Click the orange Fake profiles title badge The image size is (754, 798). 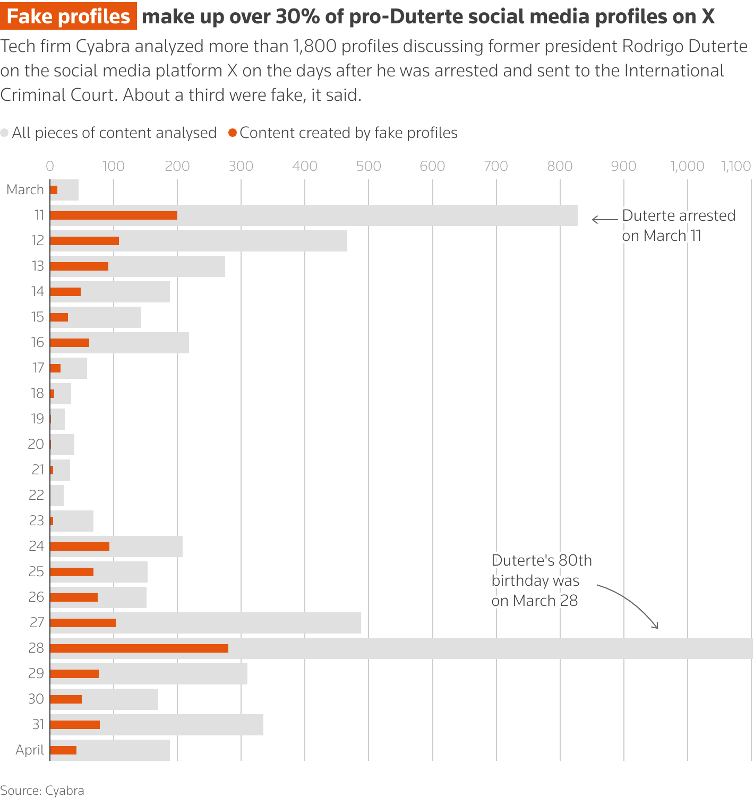click(x=68, y=16)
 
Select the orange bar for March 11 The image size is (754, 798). click(x=114, y=215)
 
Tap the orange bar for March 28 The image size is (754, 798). click(x=139, y=648)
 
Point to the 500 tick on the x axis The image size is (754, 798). click(x=369, y=166)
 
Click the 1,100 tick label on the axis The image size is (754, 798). click(x=735, y=166)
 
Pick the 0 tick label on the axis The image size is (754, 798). click(x=50, y=166)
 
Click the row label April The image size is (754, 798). click(x=30, y=750)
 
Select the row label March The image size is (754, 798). click(x=25, y=189)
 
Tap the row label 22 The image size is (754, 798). click(x=36, y=495)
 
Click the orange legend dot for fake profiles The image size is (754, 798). click(x=232, y=133)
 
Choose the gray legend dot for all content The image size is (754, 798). click(x=5, y=133)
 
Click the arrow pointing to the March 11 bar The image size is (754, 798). click(x=604, y=219)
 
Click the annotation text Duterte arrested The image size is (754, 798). click(x=679, y=215)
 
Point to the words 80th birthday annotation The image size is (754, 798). click(x=542, y=570)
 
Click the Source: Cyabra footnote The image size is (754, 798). click(x=42, y=791)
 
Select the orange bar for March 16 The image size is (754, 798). click(x=70, y=343)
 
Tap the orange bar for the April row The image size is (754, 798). click(x=63, y=750)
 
